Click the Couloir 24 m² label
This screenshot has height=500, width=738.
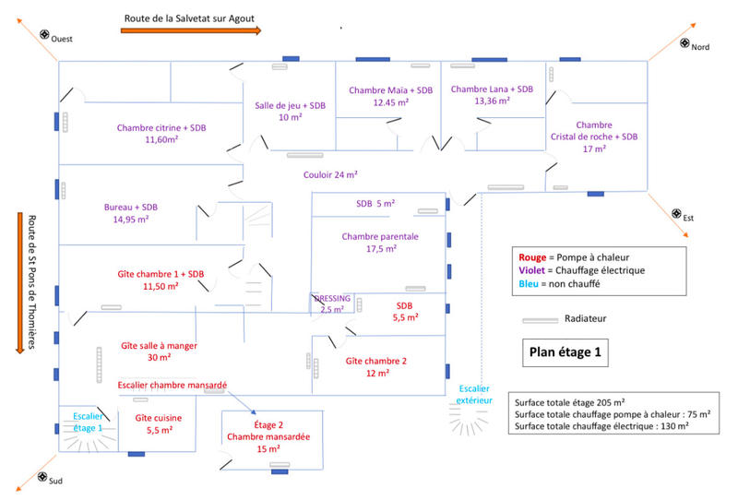330,173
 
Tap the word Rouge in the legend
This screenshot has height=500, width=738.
533,256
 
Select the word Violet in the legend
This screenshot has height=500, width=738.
534,270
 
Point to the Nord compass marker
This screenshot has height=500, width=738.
685,42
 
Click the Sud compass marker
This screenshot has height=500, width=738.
42,477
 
